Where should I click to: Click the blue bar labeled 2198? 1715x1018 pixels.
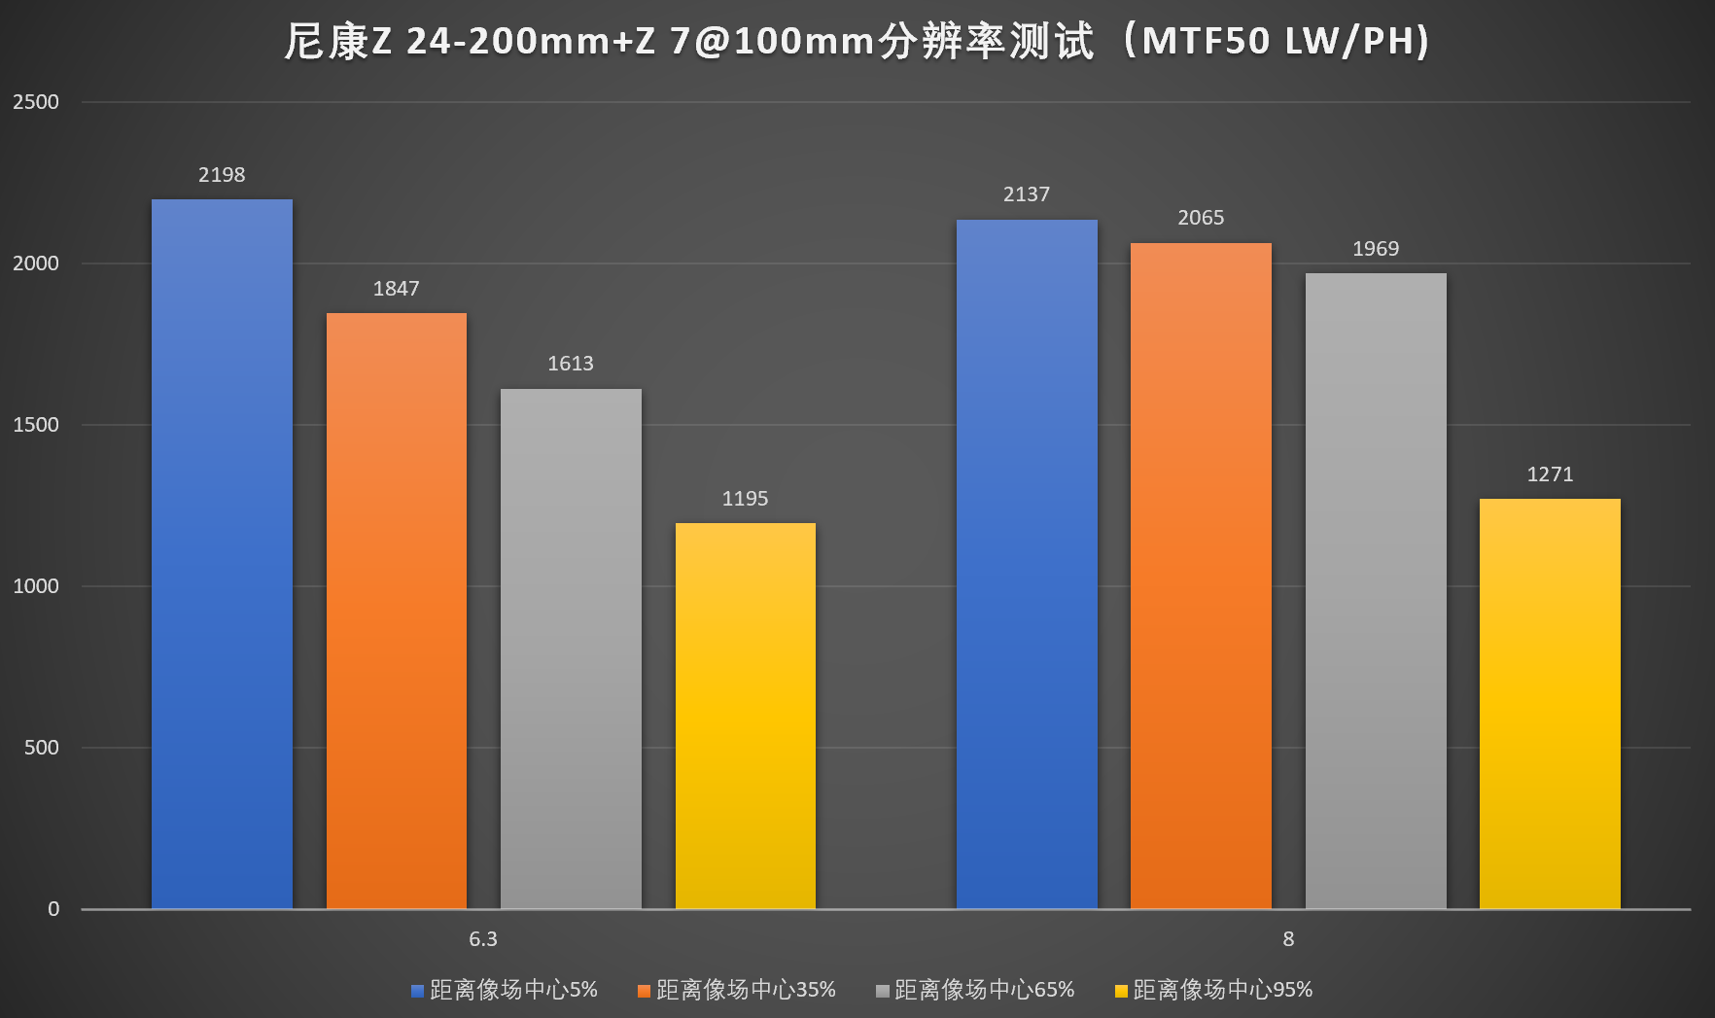[222, 554]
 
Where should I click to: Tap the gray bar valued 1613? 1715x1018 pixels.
[571, 649]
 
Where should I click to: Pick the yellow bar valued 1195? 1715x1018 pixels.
[745, 716]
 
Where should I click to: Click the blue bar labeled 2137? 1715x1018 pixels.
[1027, 564]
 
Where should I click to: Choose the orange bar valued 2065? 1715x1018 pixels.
[1201, 576]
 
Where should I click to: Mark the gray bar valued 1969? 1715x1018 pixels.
[1376, 591]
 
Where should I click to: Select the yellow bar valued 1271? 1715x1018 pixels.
[1550, 704]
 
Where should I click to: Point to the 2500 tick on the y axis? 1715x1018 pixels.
[36, 102]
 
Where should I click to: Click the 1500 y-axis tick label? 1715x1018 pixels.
[36, 425]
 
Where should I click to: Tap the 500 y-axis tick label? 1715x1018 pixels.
[42, 748]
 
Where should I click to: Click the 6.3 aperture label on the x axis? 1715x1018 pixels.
[483, 939]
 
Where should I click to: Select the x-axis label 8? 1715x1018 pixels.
[1288, 939]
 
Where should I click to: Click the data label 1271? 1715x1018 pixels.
[1550, 474]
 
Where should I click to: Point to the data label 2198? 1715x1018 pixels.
[222, 175]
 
